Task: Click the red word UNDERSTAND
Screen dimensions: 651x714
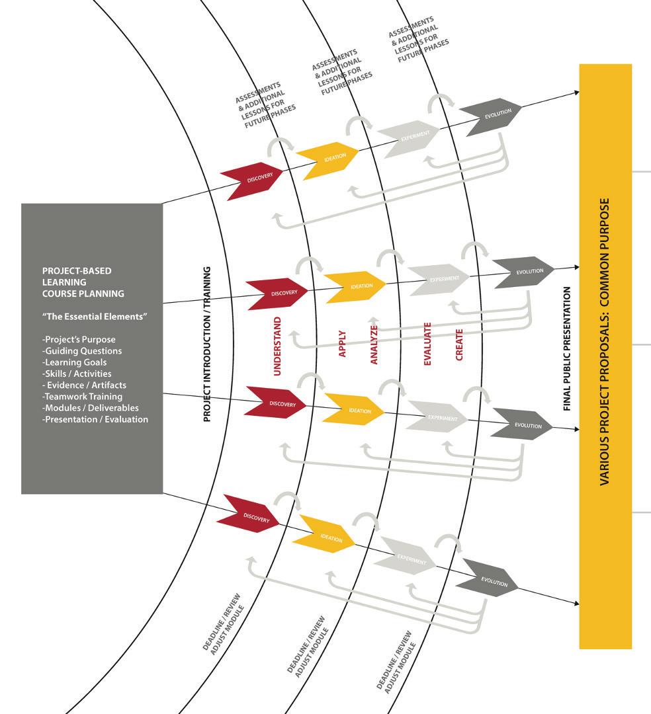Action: point(277,346)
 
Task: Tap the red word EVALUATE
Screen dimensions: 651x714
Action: point(427,344)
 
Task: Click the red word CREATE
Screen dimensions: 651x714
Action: point(459,344)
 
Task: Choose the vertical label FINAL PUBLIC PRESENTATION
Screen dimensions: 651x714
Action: point(567,349)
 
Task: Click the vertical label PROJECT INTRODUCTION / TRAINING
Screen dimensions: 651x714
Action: point(207,344)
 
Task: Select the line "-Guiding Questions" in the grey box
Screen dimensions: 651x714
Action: point(82,351)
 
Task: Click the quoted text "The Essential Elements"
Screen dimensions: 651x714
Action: point(94,317)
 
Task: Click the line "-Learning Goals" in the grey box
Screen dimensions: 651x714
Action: point(74,362)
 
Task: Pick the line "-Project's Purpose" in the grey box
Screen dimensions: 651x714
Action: point(79,340)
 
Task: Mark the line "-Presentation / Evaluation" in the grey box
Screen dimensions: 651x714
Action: point(95,419)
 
